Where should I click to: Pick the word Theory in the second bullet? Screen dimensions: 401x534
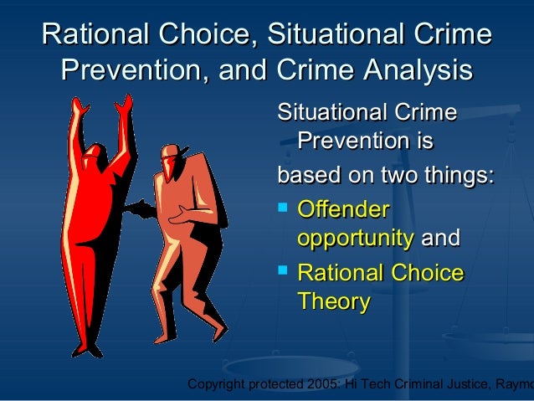click(333, 302)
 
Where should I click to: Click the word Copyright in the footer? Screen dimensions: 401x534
click(218, 385)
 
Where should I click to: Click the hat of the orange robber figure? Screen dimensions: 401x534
click(171, 152)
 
